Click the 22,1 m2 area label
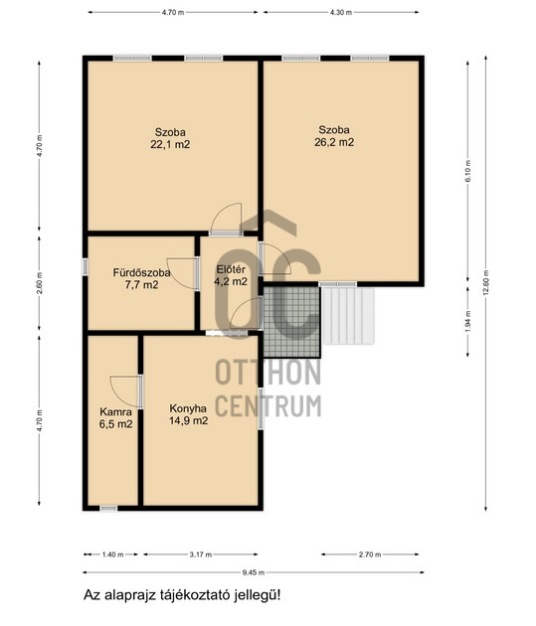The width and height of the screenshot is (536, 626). click(x=170, y=144)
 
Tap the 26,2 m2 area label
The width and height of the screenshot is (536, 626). click(x=334, y=142)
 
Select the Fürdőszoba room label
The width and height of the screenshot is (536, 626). click(x=142, y=273)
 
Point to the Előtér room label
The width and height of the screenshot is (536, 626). click(x=231, y=269)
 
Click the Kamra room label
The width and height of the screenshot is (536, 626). click(x=115, y=412)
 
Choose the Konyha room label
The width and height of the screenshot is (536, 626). click(x=188, y=408)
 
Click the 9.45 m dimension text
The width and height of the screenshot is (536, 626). click(x=254, y=572)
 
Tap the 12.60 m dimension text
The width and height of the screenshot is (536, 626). click(x=485, y=282)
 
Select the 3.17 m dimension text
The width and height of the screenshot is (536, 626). click(x=201, y=554)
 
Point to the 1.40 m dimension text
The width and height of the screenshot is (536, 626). click(x=113, y=554)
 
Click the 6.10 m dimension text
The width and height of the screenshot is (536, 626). click(x=467, y=171)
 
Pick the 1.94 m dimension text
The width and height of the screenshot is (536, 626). click(x=467, y=321)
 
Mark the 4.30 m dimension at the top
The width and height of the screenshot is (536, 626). click(x=341, y=12)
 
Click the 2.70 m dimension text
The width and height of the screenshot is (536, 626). click(x=370, y=554)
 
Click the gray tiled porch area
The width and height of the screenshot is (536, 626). click(x=292, y=322)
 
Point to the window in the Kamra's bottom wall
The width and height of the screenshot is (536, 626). click(x=108, y=508)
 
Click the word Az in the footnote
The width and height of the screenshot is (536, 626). click(x=91, y=595)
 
